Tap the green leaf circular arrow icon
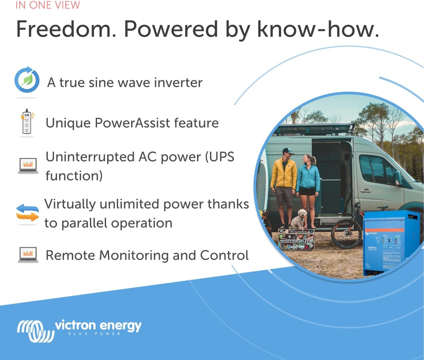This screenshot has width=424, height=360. (x=27, y=81)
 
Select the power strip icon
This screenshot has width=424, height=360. (x=27, y=122)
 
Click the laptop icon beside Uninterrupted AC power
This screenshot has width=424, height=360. (x=28, y=166)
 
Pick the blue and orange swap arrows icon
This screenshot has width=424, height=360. (x=27, y=213)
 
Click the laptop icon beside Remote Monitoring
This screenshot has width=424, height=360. (x=28, y=255)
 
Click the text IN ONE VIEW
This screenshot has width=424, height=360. (x=48, y=5)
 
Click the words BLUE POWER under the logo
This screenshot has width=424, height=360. (x=94, y=334)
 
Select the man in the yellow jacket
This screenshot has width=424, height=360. (x=284, y=184)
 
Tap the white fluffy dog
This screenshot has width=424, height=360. (x=299, y=219)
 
